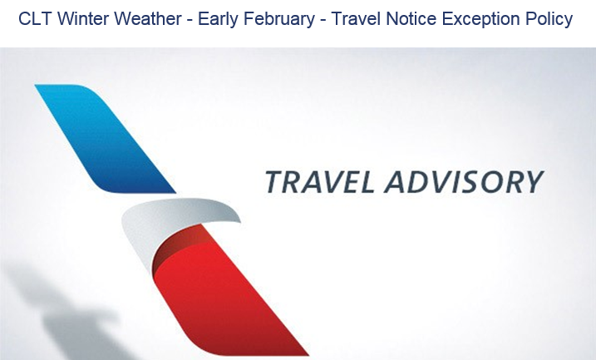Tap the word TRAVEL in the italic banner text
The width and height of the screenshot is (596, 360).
pos(319,182)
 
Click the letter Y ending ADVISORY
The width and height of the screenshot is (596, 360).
pos(530,182)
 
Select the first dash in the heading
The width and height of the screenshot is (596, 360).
pos(190,20)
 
